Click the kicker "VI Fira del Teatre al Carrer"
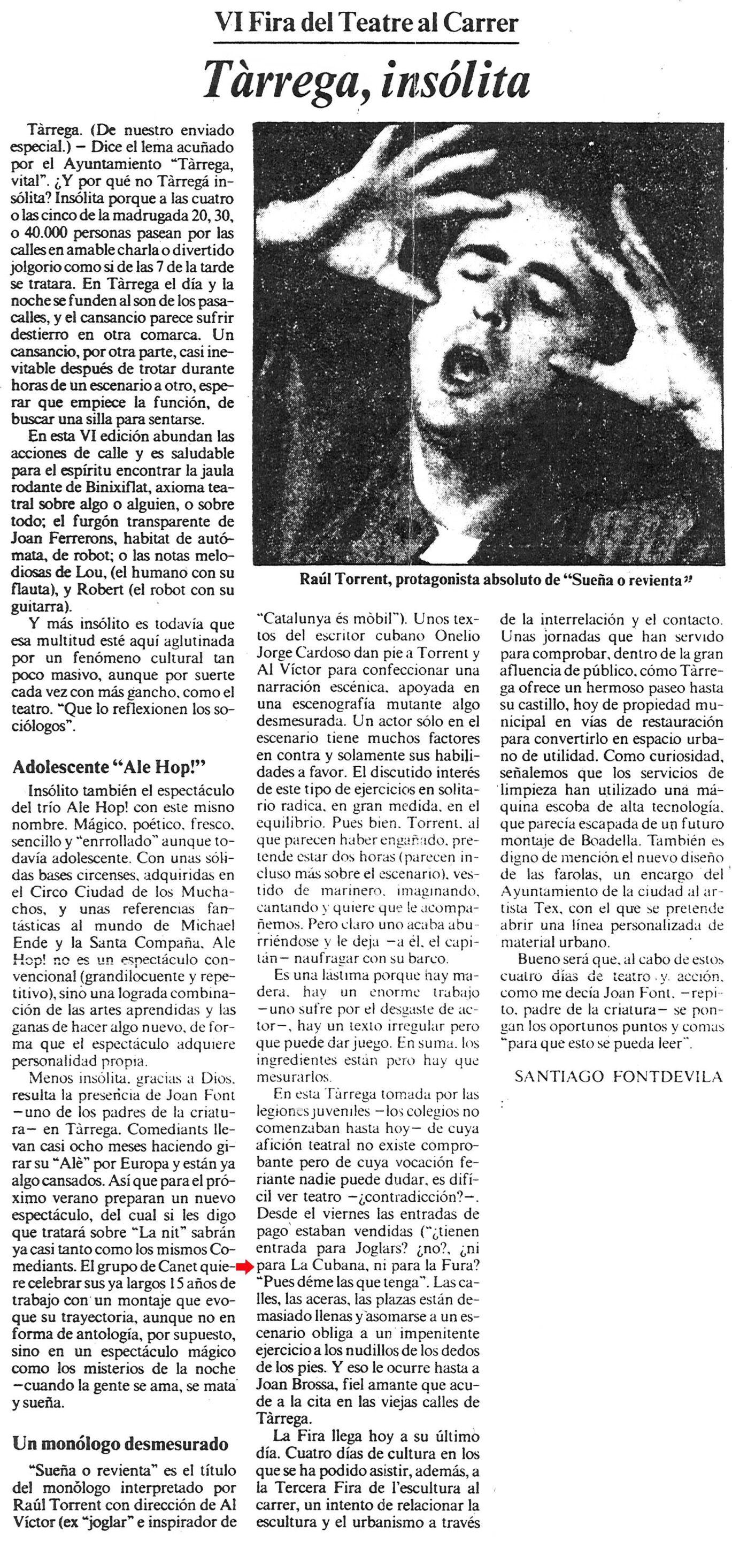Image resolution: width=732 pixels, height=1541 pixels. pos(366,24)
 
